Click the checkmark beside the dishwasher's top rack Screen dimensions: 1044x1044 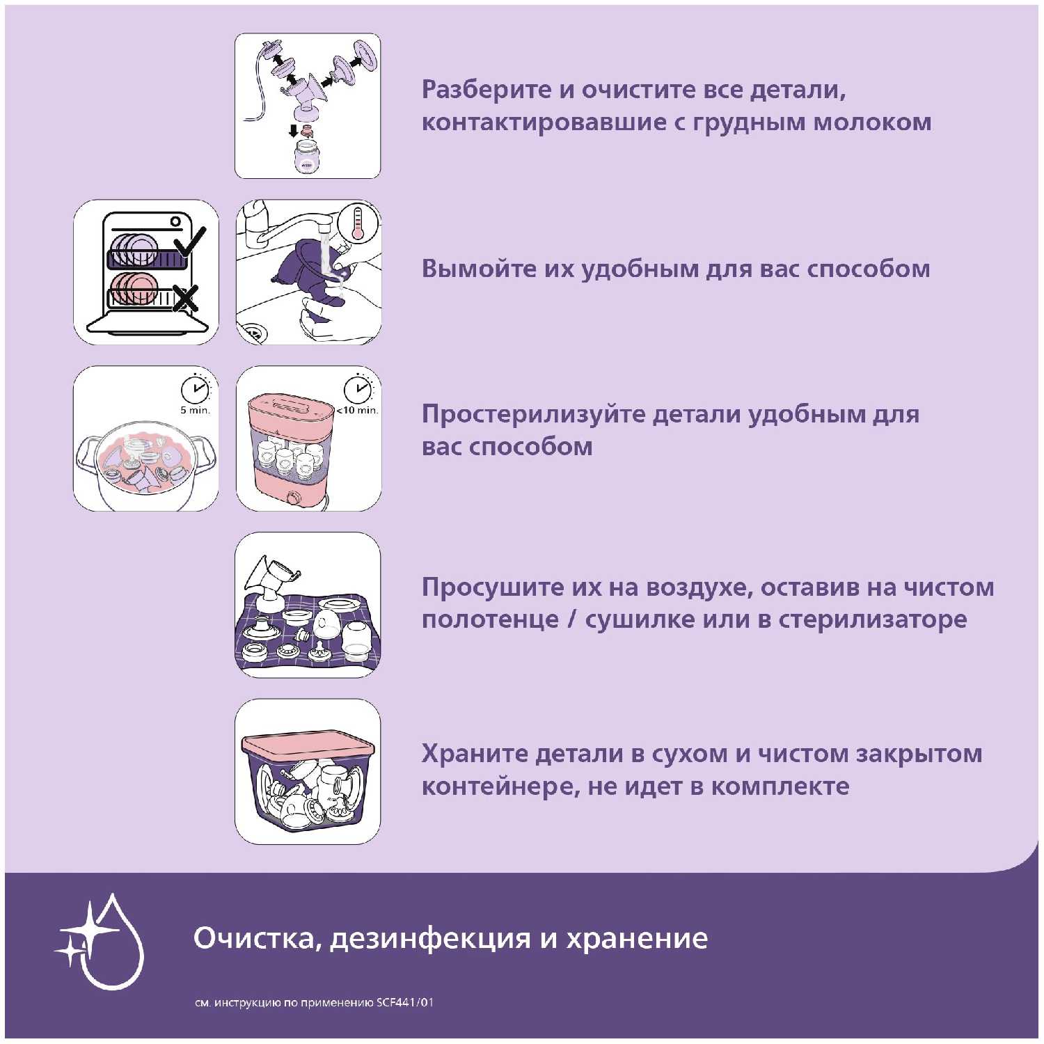point(189,242)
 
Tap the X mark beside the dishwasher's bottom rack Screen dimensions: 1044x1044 point(185,299)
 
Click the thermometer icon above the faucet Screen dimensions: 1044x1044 point(358,223)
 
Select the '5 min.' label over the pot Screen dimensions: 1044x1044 point(195,410)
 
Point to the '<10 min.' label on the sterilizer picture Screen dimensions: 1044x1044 point(358,410)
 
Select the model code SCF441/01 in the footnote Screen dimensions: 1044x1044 point(405,1003)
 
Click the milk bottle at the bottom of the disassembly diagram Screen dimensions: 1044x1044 point(307,156)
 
